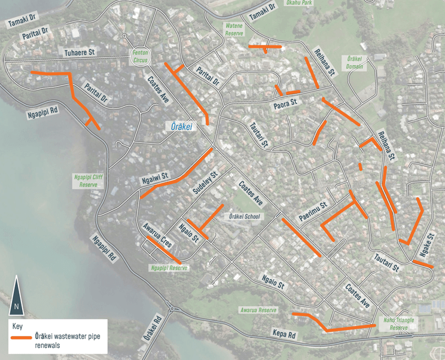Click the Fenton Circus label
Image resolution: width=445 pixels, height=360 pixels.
[x=141, y=56]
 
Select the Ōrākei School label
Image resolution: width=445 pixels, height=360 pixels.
[x=242, y=216]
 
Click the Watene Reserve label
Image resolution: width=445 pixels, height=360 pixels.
[x=234, y=30]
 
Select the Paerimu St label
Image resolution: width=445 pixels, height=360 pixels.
[x=314, y=210]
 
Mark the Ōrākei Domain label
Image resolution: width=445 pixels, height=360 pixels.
[x=355, y=63]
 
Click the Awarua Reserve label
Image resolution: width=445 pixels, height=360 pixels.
[x=259, y=310]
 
